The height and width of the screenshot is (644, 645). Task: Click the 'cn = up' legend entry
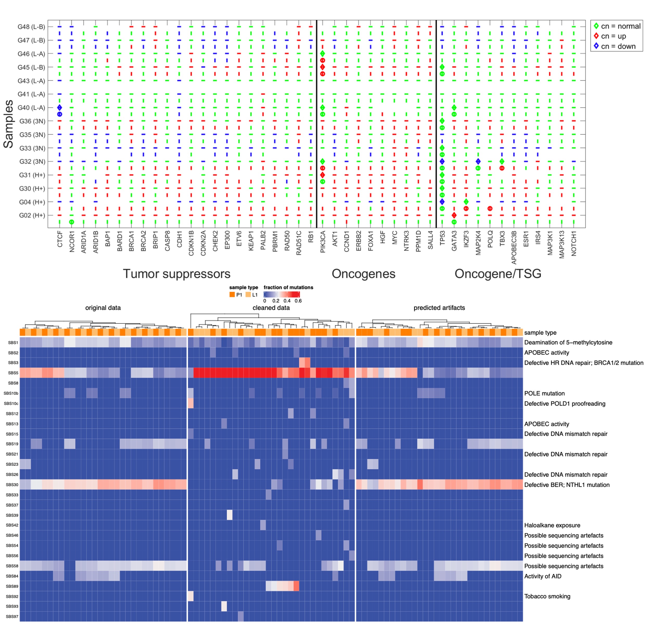613,36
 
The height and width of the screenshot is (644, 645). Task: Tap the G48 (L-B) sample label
31,27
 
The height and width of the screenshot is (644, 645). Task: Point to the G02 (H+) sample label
32,215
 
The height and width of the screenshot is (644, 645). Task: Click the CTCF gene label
60,239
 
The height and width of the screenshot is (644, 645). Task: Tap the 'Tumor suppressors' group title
177,274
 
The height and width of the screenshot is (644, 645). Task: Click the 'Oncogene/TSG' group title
498,274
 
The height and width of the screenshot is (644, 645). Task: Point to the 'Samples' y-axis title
8,124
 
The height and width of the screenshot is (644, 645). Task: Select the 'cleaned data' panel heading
271,308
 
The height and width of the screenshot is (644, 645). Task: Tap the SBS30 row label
12,485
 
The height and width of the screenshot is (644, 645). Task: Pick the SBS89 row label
12,586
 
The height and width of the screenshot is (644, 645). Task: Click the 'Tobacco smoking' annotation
547,596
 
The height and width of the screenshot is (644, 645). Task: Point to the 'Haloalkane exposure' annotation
552,525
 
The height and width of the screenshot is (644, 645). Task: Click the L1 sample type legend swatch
248,295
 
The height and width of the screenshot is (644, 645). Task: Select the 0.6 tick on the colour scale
298,301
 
